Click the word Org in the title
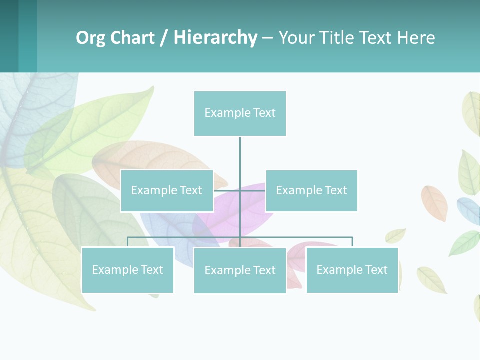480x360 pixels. tap(91, 38)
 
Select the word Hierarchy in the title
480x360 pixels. tap(215, 38)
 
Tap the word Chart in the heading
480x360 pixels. tap(132, 38)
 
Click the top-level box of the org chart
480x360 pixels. tap(240, 113)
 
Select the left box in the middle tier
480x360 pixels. tap(167, 191)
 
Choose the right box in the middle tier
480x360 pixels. tap(311, 191)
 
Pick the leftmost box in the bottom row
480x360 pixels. tap(127, 270)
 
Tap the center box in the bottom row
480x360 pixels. tap(240, 270)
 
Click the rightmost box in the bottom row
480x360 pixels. tap(352, 270)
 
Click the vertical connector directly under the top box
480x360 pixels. tap(240, 155)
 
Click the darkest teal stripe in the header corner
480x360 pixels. tap(9, 36)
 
